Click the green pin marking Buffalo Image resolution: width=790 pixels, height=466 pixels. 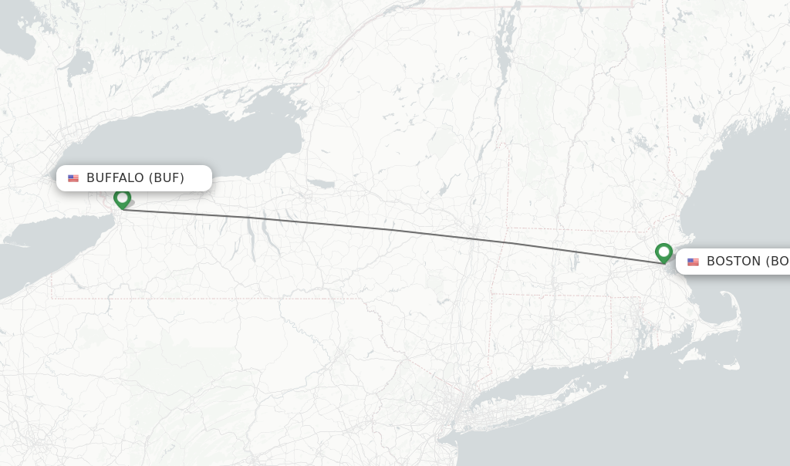(x=122, y=198)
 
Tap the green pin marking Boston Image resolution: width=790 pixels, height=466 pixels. (x=663, y=252)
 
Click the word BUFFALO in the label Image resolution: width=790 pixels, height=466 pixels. (x=115, y=178)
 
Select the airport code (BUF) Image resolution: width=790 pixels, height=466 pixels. (x=167, y=178)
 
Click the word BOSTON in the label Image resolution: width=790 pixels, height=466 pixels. (x=733, y=262)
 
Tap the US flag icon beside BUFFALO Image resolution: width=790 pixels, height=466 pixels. (x=73, y=178)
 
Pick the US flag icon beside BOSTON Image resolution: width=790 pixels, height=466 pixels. (x=693, y=262)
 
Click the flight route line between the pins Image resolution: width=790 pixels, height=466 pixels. (x=393, y=230)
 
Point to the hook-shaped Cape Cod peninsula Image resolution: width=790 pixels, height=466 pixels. (x=729, y=316)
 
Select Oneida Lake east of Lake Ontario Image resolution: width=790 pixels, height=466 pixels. (x=321, y=184)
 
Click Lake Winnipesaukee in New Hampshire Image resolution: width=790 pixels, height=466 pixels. (x=640, y=143)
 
